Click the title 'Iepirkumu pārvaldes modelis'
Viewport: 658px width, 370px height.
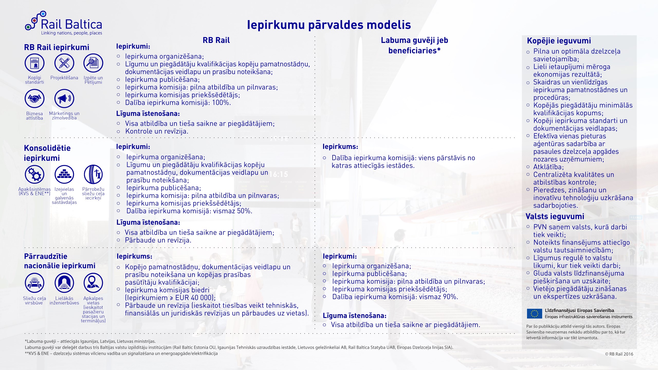click(329, 25)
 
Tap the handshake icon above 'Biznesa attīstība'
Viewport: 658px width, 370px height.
click(34, 98)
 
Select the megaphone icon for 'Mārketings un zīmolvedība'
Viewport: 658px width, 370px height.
click(64, 98)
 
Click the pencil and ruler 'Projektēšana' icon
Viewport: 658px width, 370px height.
click(64, 63)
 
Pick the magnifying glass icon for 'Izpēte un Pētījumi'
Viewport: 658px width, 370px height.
click(93, 63)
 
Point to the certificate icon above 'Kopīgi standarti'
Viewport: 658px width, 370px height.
click(34, 63)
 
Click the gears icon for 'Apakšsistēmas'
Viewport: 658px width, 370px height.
click(34, 174)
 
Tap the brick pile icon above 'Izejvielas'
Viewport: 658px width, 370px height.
click(64, 174)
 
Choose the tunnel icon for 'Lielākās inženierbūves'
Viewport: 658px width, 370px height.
click(64, 283)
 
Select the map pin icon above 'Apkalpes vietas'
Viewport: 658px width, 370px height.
click(93, 283)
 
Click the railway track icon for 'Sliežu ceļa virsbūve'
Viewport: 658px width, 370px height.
click(34, 283)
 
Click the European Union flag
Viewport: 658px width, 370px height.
click(534, 314)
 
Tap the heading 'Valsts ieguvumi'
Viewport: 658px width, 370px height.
click(555, 217)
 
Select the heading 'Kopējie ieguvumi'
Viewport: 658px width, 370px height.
click(559, 41)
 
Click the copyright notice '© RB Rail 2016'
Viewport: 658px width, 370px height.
click(619, 354)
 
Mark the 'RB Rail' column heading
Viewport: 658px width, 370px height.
click(216, 40)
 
